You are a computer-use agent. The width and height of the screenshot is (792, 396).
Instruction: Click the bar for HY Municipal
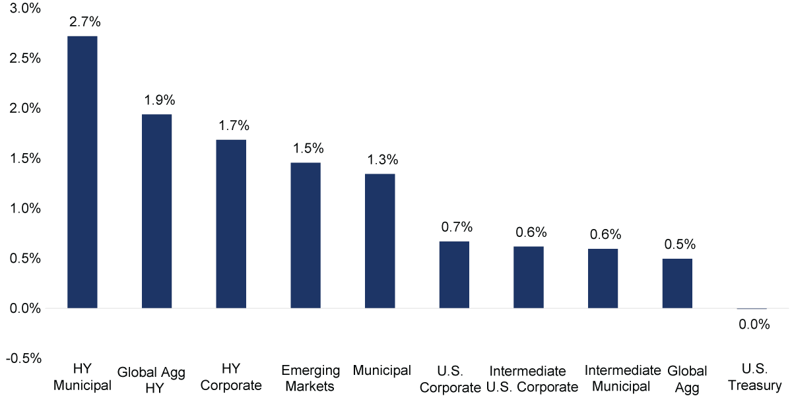pos(82,172)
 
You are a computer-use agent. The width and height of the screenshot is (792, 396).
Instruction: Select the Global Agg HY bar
pos(156,211)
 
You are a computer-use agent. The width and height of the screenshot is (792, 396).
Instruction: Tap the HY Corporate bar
pos(231,224)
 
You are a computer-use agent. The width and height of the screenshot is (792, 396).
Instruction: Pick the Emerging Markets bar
pos(306,236)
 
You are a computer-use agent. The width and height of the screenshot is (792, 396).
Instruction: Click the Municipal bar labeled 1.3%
pos(380,241)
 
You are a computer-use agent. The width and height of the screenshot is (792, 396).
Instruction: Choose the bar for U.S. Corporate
pos(454,275)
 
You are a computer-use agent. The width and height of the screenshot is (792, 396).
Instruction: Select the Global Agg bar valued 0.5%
pos(677,284)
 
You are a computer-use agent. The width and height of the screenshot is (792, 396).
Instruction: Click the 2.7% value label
pos(85,22)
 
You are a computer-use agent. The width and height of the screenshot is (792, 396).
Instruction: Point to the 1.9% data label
pos(160,100)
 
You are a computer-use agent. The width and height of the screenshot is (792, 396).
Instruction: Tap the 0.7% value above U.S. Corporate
pos(457,227)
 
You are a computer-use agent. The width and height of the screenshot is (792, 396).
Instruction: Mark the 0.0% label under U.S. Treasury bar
pos(754,324)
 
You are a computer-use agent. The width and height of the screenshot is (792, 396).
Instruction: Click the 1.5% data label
pos(308,148)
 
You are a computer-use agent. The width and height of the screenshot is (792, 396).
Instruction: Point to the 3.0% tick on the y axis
pos(25,8)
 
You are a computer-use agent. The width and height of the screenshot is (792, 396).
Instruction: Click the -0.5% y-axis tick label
pos(24,358)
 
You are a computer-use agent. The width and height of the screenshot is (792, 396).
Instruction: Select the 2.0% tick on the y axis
pos(25,108)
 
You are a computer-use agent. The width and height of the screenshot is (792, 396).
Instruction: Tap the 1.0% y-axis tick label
pos(25,209)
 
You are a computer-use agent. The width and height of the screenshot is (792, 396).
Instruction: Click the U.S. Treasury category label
pos(754,377)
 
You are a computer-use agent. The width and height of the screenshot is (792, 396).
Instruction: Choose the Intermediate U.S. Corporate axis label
pos(532,379)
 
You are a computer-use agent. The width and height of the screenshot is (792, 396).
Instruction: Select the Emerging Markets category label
pos(310,378)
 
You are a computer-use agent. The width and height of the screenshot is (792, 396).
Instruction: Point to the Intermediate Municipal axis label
pos(622,378)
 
